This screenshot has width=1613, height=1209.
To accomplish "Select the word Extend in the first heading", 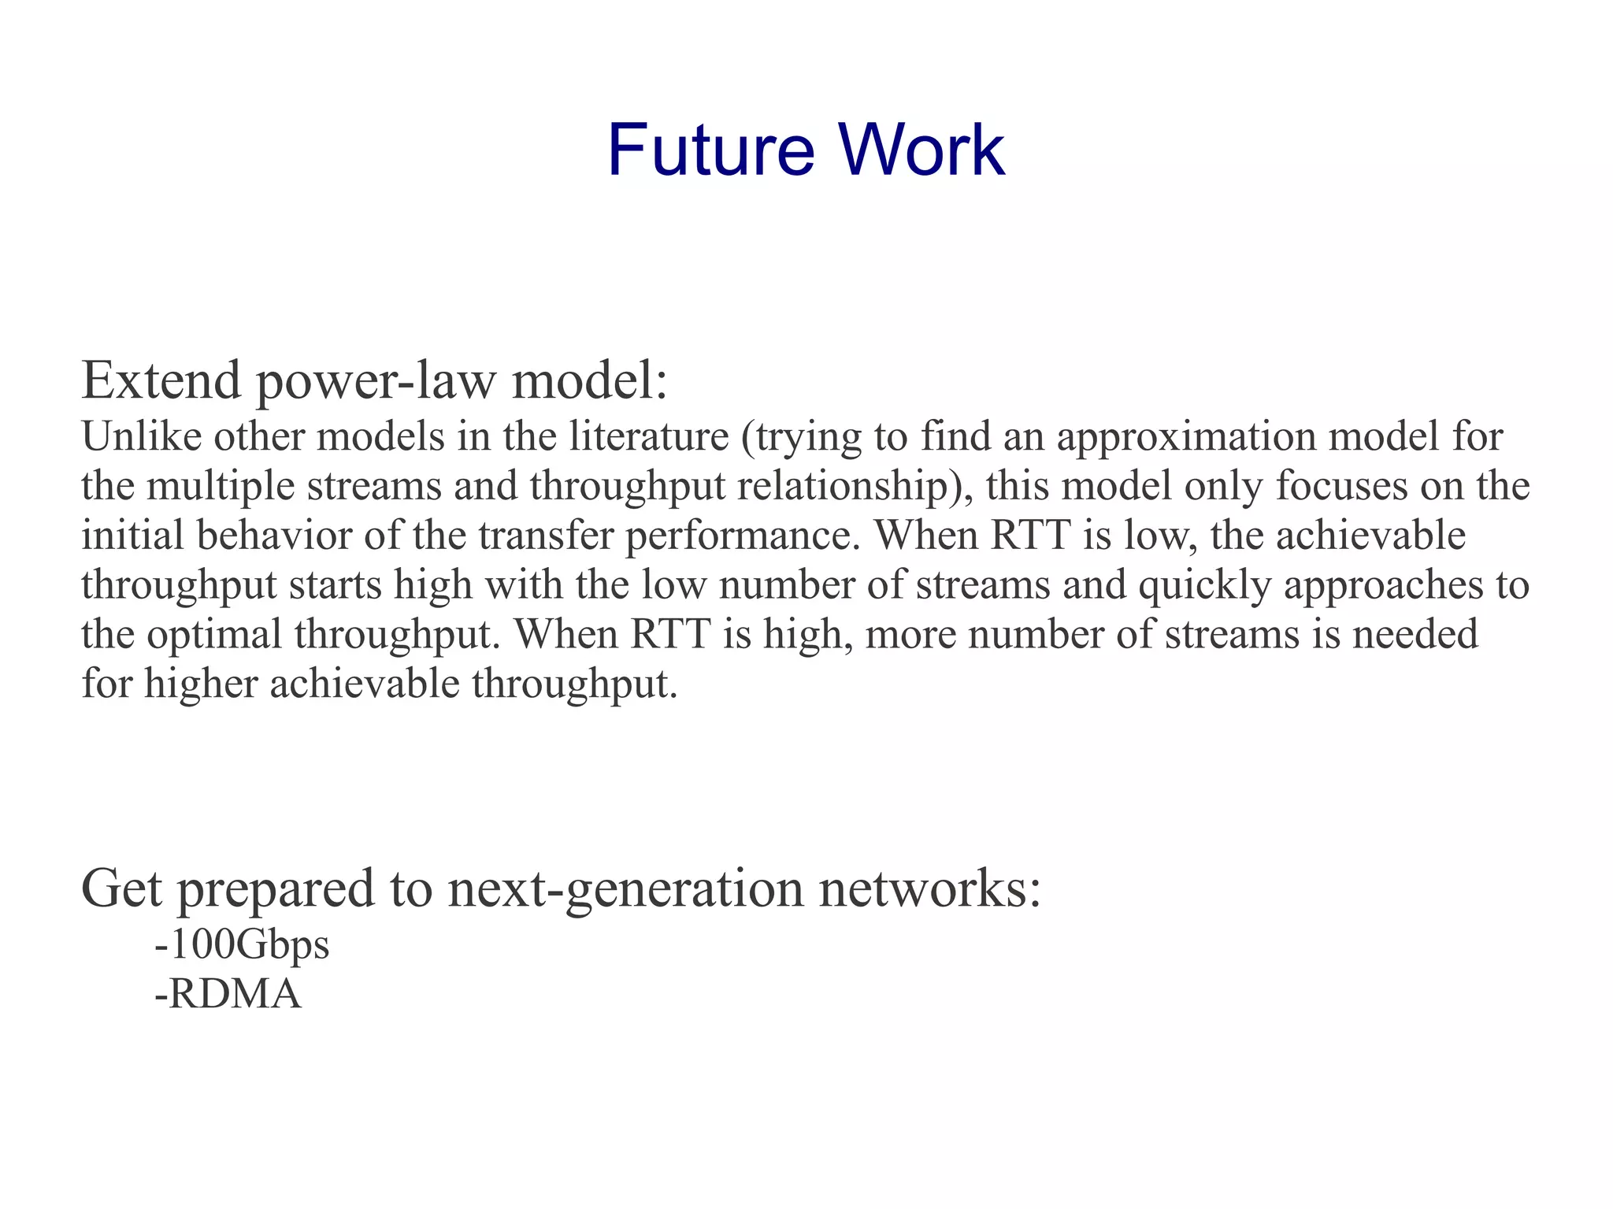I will [x=161, y=380].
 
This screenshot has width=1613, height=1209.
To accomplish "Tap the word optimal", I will [x=214, y=635].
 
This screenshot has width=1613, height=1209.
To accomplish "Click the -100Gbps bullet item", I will [x=242, y=945].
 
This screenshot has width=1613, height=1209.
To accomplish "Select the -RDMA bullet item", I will [x=228, y=994].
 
